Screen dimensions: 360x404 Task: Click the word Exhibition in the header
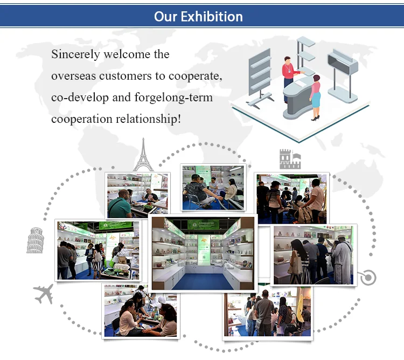click(212, 16)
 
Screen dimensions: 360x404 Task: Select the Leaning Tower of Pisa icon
click(35, 240)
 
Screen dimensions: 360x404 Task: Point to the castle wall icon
click(290, 160)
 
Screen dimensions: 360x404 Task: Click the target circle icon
click(368, 278)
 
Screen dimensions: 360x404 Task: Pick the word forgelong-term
click(177, 98)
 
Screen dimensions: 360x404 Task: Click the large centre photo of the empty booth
click(202, 252)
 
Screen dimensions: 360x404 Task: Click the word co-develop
click(80, 98)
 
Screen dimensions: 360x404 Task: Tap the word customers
click(125, 76)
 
